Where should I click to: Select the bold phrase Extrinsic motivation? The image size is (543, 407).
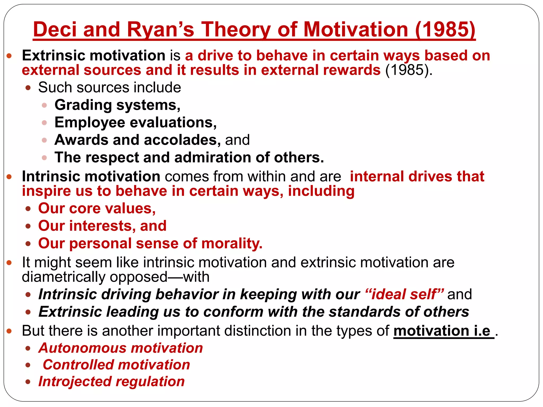94,56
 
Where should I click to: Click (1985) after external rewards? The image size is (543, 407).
409,70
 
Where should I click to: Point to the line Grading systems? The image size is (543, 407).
117,105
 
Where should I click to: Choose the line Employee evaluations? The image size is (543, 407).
135,122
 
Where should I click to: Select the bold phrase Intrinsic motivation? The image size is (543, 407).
91,176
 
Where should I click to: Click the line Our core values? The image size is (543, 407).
97,208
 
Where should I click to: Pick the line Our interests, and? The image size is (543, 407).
102,226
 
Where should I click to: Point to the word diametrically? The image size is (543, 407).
63,277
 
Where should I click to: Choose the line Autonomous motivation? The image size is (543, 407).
121,348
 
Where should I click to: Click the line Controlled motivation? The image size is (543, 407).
116,365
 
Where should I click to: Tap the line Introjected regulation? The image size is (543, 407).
111,382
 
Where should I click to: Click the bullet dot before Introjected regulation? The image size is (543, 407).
28,382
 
